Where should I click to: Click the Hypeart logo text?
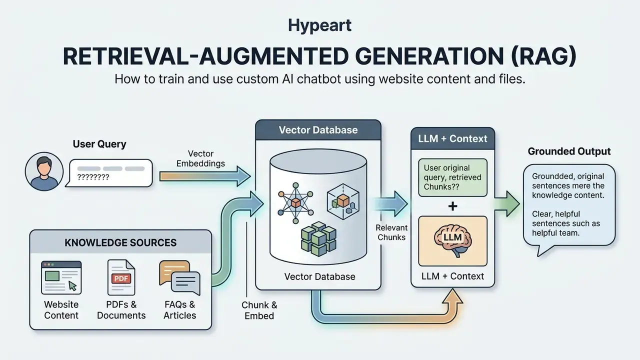319,25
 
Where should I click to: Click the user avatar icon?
44,171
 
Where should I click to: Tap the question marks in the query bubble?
93,177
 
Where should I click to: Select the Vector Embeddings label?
200,158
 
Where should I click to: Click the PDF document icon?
121,277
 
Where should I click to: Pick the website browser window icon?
61,277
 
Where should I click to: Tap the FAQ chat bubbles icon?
179,277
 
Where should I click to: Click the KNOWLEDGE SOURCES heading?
120,242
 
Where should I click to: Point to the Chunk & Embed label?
259,310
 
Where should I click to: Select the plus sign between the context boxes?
452,206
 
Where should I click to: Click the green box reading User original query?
452,177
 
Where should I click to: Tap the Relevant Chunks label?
391,232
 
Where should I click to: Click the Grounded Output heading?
569,151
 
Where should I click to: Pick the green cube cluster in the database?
318,238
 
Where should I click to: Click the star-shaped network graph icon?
295,203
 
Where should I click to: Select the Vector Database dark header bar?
318,130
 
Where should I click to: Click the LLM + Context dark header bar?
452,138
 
